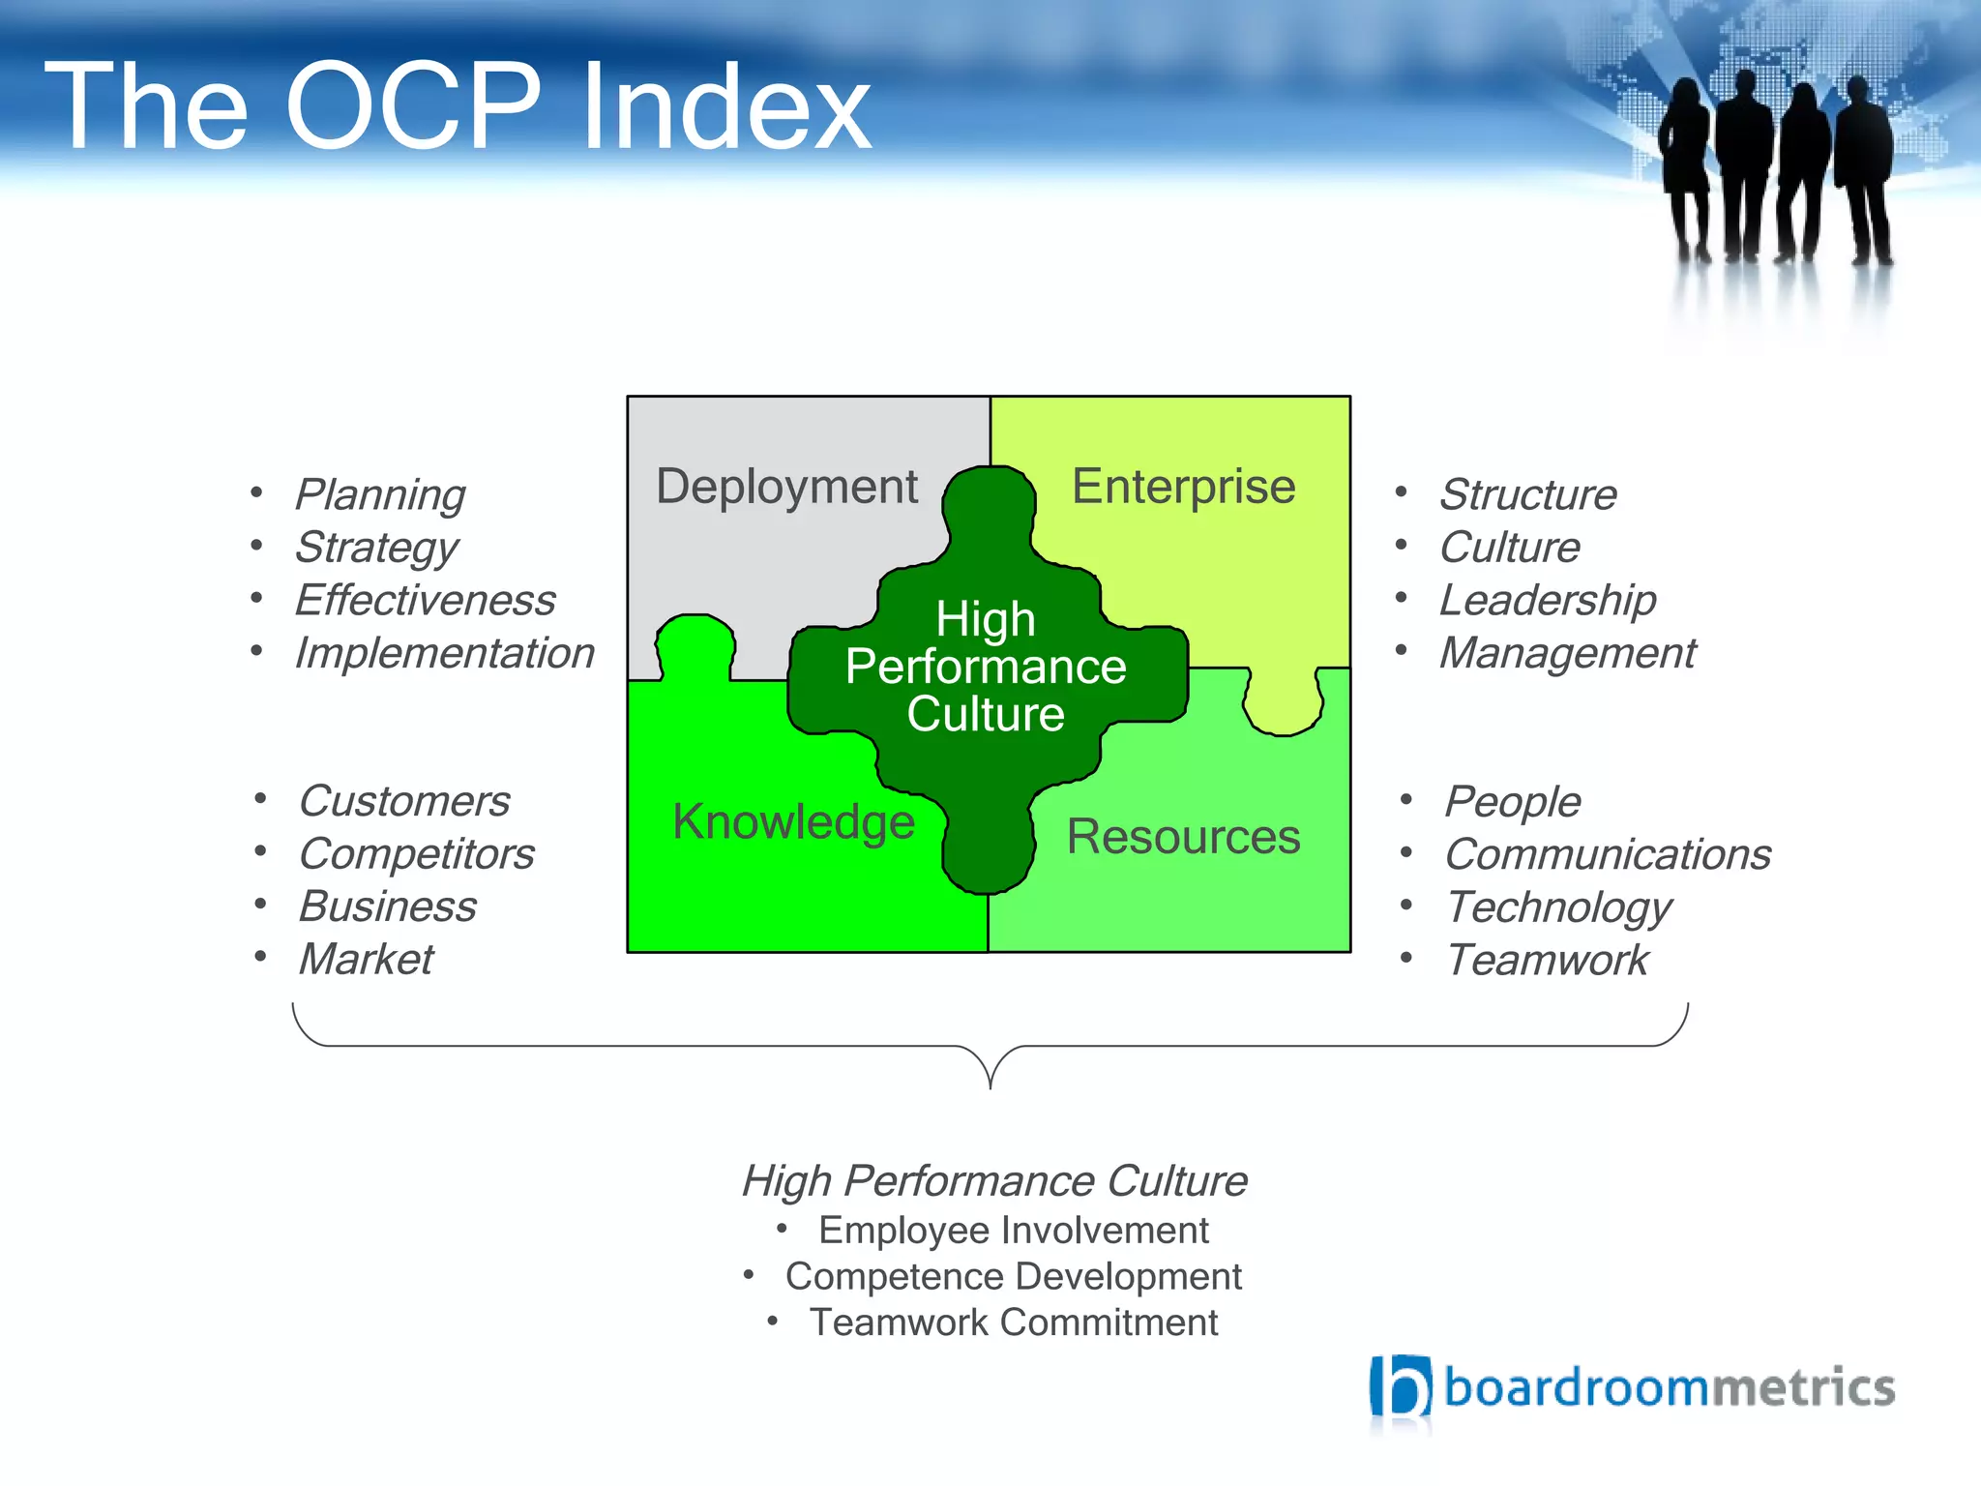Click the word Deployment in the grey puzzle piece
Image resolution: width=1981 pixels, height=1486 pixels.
pos(786,487)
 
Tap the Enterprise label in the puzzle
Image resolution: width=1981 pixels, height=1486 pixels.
pos(1182,487)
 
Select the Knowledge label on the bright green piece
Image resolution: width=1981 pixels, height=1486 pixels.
pos(793,822)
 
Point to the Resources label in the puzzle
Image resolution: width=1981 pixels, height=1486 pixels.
pos(1182,837)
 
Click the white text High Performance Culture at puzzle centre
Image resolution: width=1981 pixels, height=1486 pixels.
pos(985,667)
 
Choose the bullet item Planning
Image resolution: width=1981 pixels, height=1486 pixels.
pos(380,495)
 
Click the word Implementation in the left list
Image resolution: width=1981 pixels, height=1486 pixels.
pos(444,653)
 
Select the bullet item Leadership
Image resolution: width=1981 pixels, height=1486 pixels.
pos(1547,601)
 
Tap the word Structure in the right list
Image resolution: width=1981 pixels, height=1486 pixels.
pos(1527,495)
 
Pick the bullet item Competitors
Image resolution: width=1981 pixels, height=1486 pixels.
pos(416,854)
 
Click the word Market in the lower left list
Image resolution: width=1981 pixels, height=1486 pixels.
pos(366,960)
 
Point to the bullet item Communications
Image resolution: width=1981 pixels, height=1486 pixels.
pos(1607,855)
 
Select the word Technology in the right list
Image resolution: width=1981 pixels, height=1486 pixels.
pos(1558,908)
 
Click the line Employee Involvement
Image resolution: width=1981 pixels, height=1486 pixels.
pos(1013,1231)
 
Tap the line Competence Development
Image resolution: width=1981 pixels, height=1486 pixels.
pos(1013,1277)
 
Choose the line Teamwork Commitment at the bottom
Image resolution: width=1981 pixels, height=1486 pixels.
pos(1013,1323)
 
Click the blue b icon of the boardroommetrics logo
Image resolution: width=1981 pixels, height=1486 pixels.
pos(1400,1387)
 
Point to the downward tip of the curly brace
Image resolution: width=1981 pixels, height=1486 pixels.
pos(990,1085)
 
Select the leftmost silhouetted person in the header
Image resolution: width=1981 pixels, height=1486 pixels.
pos(1685,164)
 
